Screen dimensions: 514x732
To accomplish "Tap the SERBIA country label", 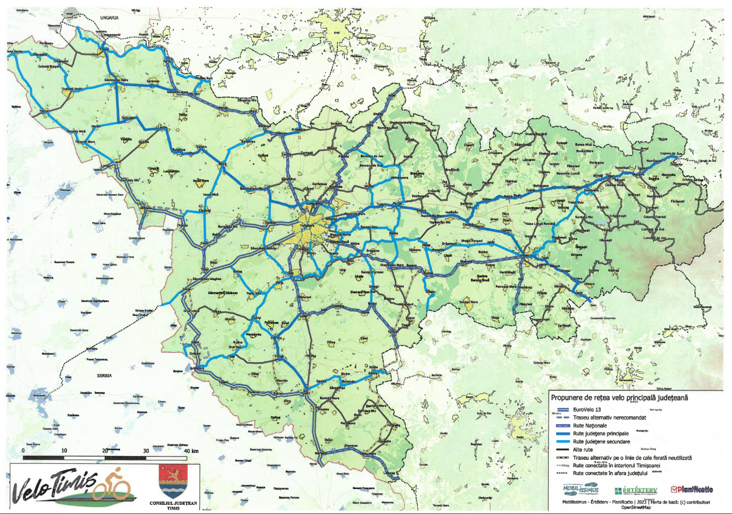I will pos(104,376).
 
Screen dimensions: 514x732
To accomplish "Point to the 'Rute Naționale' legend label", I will pos(590,425).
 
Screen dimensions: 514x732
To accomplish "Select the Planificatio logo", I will pos(692,489).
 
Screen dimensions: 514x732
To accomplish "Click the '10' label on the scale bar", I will pos(64,451).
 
